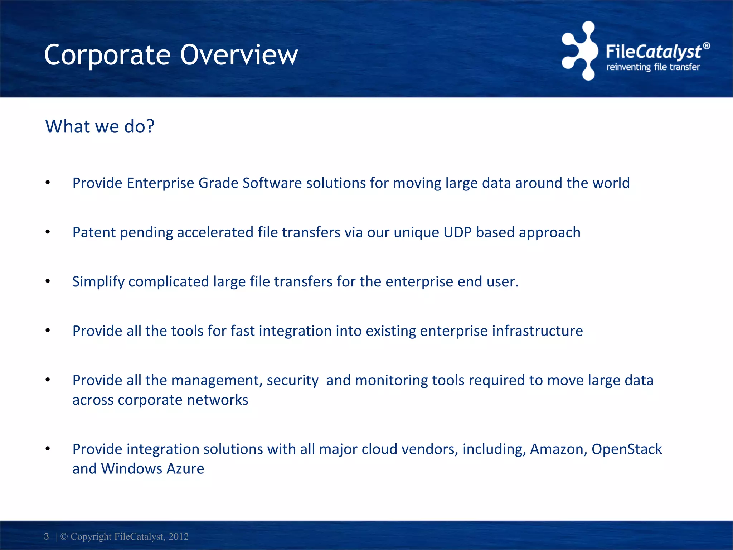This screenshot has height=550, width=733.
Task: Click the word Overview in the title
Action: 239,55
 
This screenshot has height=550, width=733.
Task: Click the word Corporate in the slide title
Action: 107,56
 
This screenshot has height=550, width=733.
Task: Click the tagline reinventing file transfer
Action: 653,67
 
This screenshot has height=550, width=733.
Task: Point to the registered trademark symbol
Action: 706,46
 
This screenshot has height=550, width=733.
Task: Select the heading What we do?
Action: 100,126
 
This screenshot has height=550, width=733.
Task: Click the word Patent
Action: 94,232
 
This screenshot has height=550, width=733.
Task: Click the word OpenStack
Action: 626,449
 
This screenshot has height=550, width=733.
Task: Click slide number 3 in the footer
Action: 47,536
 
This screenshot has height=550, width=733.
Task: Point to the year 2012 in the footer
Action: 178,536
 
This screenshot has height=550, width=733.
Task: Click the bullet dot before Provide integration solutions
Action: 48,449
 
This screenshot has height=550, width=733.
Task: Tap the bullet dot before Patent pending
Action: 48,232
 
